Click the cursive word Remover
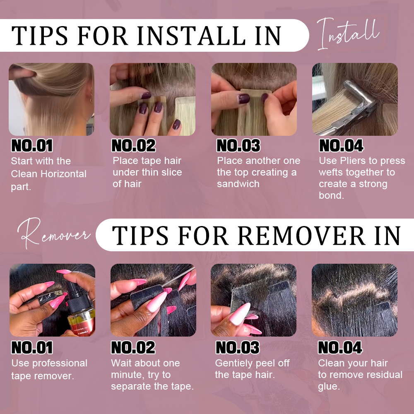tap(54, 233)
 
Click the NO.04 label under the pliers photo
tap(341, 145)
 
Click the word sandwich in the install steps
tap(238, 184)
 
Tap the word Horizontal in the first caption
tap(64, 174)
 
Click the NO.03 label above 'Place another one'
tap(238, 145)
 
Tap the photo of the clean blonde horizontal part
tap(51, 99)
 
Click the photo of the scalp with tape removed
tap(354, 300)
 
